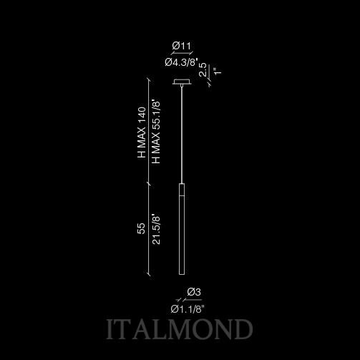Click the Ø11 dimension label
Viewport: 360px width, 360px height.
point(182,46)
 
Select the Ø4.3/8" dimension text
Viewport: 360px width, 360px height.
point(182,62)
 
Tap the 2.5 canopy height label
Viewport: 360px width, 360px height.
point(203,69)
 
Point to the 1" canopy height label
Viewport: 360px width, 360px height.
point(218,71)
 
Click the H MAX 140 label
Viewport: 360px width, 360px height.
point(142,132)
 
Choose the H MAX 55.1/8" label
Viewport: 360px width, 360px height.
point(156,132)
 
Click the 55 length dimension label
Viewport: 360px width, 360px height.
point(141,228)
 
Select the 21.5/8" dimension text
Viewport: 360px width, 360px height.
point(156,230)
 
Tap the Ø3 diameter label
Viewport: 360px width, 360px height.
point(194,292)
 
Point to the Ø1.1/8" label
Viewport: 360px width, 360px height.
point(188,309)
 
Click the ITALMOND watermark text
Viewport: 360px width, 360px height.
point(180,329)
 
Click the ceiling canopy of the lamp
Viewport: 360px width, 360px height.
point(182,82)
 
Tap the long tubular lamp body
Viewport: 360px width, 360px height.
point(182,229)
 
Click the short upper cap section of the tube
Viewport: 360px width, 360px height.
point(182,190)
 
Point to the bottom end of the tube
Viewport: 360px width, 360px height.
point(182,275)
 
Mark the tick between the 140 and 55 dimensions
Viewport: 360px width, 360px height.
point(149,184)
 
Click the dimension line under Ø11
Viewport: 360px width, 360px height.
point(182,53)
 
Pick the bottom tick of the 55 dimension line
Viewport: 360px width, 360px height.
point(149,274)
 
